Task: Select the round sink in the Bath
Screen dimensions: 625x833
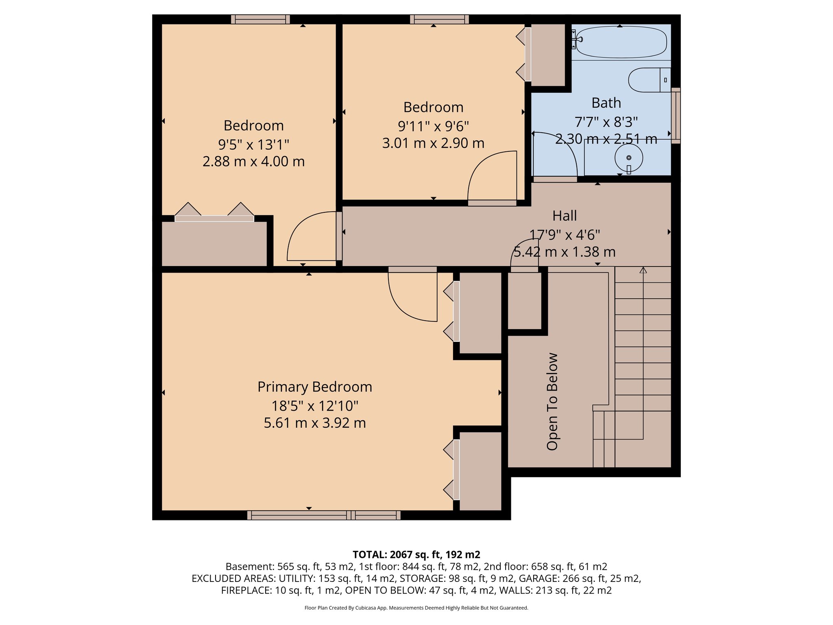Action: (x=628, y=158)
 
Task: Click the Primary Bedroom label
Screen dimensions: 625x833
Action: (x=314, y=387)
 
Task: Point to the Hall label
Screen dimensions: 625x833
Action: (x=564, y=216)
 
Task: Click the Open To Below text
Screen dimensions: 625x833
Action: (x=552, y=401)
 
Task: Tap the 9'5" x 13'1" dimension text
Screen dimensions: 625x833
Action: (x=253, y=144)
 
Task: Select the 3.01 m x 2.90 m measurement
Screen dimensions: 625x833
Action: (x=433, y=143)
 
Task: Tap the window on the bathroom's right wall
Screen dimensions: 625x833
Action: (x=675, y=116)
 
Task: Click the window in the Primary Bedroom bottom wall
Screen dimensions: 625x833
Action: (x=324, y=515)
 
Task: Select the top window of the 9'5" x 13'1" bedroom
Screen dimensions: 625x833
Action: (x=260, y=19)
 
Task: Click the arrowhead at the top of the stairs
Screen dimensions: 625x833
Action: (x=643, y=270)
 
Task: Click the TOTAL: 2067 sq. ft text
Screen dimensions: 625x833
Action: (x=416, y=555)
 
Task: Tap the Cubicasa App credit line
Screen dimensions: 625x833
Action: (x=416, y=608)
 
